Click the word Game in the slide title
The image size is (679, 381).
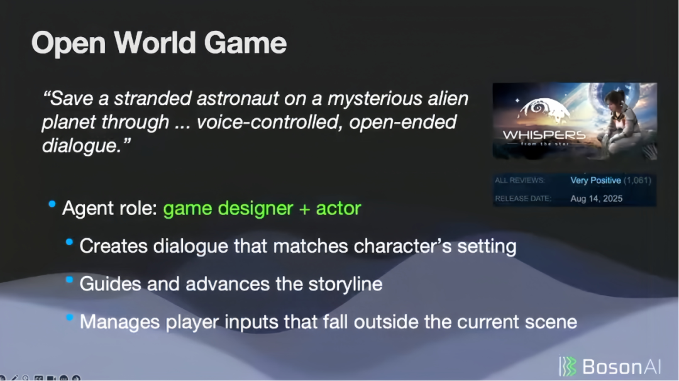point(245,43)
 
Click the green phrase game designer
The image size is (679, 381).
point(228,208)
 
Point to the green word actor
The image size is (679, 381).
point(338,208)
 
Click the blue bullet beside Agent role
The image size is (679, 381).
point(52,204)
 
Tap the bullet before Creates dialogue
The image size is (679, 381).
point(69,242)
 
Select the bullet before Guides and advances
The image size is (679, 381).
point(69,280)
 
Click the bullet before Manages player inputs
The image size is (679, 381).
point(69,317)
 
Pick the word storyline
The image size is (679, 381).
point(345,284)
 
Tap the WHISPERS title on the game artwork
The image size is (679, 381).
point(544,135)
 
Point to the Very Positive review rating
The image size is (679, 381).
point(595,180)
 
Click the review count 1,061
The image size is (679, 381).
point(638,180)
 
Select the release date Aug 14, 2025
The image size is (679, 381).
point(596,199)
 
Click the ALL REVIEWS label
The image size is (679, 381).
point(520,180)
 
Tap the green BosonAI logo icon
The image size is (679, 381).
point(568,367)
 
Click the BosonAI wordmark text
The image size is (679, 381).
point(621,367)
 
